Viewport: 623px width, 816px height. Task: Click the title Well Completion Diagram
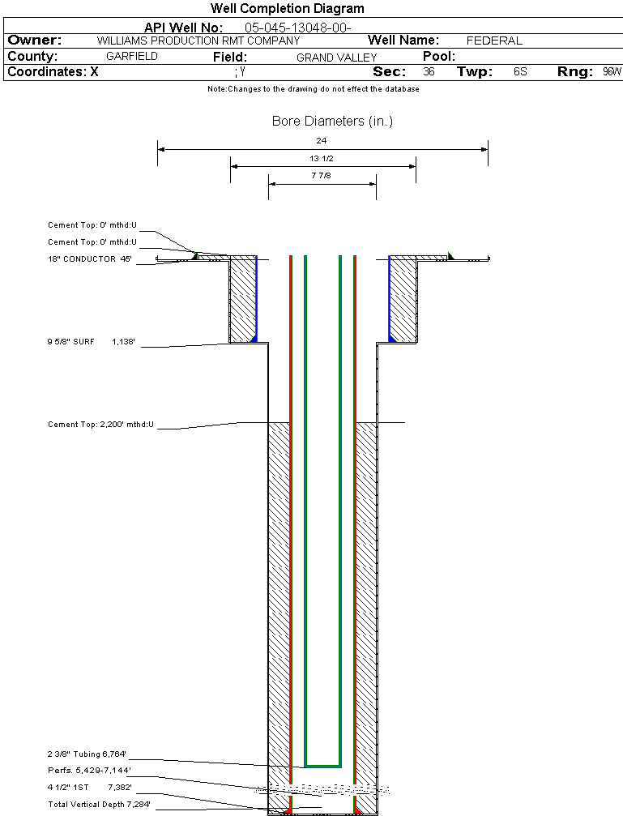(287, 9)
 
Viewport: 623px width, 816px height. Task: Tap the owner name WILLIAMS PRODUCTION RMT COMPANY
(198, 41)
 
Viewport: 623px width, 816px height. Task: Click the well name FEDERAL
(494, 41)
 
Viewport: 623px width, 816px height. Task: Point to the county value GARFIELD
(132, 57)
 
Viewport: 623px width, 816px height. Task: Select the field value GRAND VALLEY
(336, 58)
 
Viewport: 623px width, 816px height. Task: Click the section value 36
(429, 72)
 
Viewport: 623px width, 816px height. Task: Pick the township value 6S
(520, 72)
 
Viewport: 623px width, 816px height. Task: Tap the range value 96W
(612, 72)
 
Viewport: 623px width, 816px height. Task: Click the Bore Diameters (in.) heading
(332, 122)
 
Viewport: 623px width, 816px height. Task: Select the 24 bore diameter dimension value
(322, 141)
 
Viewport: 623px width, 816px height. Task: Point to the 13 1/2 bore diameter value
(322, 158)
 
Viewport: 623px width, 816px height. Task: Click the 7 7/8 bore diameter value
(322, 175)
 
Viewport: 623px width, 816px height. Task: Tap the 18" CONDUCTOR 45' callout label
(90, 259)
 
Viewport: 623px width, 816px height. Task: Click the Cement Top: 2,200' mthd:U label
(100, 425)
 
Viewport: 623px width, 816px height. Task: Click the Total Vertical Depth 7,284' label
(99, 804)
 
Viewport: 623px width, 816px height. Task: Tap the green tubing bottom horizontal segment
(322, 765)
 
